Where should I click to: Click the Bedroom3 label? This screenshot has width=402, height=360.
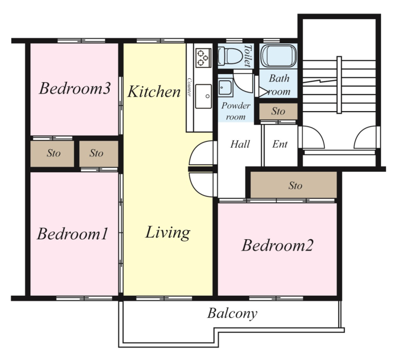pos(75,88)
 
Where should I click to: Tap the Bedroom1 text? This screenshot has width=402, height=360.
pos(73,233)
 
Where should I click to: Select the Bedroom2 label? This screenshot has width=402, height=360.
pos(277,245)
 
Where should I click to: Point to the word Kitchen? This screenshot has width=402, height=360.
pos(154,92)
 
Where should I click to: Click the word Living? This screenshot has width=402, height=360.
pos(168,233)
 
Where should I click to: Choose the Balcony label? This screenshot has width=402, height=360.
pos(232,313)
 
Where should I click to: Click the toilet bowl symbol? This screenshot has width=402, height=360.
pos(230,56)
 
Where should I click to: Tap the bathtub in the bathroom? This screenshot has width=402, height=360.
pos(278,56)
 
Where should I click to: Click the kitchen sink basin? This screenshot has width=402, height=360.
pos(203,96)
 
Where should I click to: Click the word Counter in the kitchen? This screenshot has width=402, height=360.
pos(189,87)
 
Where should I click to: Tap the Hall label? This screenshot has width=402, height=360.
pos(240,144)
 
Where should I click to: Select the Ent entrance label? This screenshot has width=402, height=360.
pos(279,144)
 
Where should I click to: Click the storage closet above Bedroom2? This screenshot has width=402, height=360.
pos(293,185)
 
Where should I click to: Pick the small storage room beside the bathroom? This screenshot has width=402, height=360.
pos(278,111)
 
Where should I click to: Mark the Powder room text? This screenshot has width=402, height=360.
pos(236,111)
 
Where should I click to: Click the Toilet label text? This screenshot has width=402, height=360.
pos(248,56)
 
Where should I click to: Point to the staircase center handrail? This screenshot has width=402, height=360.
pos(339,85)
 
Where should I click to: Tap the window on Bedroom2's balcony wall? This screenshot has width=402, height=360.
pos(276,298)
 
